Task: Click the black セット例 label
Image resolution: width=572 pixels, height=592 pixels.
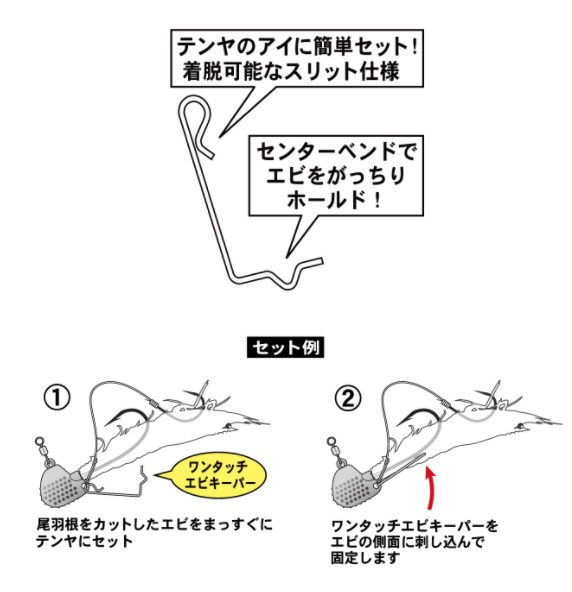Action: [285, 347]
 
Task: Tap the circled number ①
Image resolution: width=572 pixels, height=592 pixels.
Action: [57, 398]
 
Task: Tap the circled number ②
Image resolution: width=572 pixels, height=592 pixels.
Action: [348, 398]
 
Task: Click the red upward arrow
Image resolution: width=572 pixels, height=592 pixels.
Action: [430, 488]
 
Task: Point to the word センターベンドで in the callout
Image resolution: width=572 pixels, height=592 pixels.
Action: [336, 153]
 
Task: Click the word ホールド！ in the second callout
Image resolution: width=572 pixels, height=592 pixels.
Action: [335, 200]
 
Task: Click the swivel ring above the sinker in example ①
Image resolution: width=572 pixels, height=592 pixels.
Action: [39, 441]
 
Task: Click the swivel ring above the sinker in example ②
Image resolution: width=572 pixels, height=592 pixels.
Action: [331, 441]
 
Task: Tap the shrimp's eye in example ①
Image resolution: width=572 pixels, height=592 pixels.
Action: [227, 426]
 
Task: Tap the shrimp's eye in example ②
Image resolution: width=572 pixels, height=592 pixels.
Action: [519, 426]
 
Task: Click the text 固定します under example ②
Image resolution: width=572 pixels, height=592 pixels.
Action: [365, 558]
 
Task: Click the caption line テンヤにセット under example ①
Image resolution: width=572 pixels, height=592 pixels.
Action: [84, 541]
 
